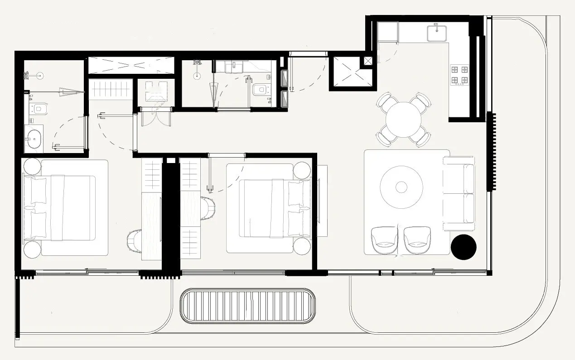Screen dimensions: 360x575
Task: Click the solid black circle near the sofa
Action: tap(464, 247)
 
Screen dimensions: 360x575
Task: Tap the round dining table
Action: tap(403, 120)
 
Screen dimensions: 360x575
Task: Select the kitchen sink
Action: tap(437, 32)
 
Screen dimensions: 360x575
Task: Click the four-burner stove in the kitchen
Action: tap(459, 75)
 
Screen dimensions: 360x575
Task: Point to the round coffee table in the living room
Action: tap(401, 187)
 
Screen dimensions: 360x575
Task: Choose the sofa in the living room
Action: tap(459, 193)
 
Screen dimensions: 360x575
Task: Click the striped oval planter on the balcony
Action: tap(247, 306)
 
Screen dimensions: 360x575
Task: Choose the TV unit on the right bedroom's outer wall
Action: tap(322, 200)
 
